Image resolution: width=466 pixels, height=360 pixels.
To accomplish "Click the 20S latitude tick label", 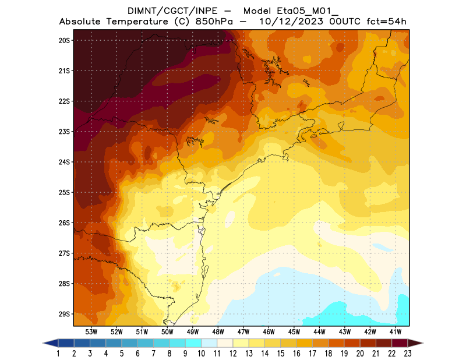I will coord(64,40).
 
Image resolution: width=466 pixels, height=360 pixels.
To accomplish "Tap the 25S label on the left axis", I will coord(64,192).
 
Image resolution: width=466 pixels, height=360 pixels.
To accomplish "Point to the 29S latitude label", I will coord(64,314).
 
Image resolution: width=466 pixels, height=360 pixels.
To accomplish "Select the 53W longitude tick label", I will coord(91,331).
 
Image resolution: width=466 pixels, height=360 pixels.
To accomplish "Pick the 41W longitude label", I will coord(396,331).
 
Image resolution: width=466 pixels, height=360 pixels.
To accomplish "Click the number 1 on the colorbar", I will coord(59,353).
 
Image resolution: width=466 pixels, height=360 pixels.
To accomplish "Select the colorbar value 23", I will coord(407,353).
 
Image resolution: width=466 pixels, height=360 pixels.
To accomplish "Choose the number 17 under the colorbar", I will coord(312,353).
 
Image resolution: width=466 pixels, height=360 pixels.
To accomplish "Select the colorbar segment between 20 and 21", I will coord(368,343).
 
